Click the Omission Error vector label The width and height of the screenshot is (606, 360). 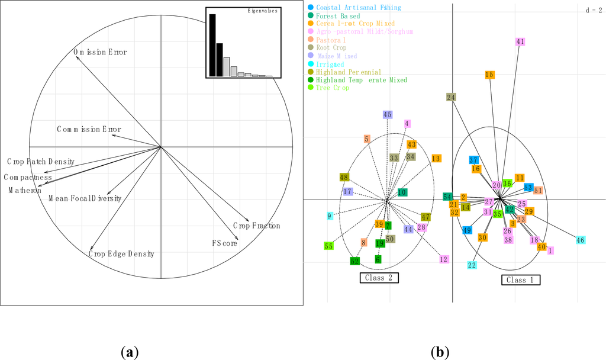pos(100,53)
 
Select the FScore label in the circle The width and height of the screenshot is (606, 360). pos(225,243)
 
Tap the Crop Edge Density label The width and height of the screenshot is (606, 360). pos(121,254)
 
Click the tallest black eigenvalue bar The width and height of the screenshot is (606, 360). pos(212,45)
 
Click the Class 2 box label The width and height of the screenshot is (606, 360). pos(379,277)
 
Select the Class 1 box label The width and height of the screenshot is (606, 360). pos(521,279)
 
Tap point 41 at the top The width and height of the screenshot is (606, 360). pos(520,41)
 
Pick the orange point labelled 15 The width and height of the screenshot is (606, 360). pos(489,75)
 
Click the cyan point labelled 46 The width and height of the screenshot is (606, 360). pos(580,240)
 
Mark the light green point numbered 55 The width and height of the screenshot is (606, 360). pos(329,246)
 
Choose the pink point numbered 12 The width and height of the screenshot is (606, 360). pos(443,259)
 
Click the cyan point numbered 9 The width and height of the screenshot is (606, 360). pos(330,216)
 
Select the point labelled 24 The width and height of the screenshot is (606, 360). pos(451,97)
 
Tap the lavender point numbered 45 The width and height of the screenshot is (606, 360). pos(388,114)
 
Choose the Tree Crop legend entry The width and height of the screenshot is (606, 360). pos(333,88)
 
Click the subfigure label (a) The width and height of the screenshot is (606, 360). pos(130,353)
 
